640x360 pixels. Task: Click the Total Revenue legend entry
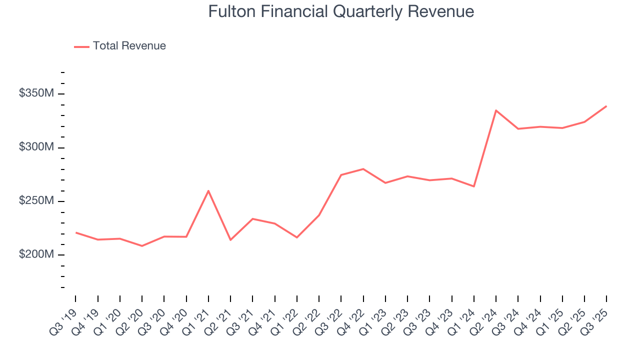click(129, 46)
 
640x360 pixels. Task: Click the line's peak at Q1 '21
click(208, 190)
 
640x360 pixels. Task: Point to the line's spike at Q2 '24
click(495, 110)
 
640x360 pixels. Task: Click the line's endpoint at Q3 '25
click(606, 106)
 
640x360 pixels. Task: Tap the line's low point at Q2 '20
click(142, 246)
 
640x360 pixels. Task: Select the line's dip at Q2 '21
click(230, 240)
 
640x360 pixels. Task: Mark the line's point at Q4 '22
click(363, 169)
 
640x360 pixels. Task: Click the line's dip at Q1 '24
click(473, 186)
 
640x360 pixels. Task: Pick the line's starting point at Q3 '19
click(75, 232)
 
